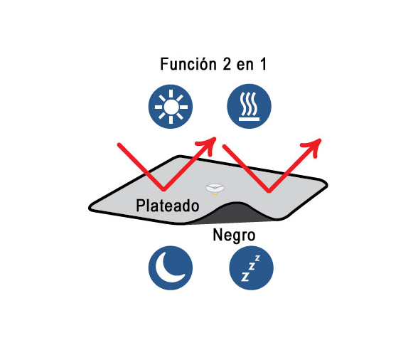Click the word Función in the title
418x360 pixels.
click(x=188, y=64)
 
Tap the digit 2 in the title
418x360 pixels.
click(x=227, y=64)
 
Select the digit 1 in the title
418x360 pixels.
click(x=263, y=64)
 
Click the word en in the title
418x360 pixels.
click(x=245, y=66)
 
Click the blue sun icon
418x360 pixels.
click(x=171, y=107)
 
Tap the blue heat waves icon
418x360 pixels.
click(x=249, y=106)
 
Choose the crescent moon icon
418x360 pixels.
click(x=171, y=268)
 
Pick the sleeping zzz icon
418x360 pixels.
click(x=251, y=268)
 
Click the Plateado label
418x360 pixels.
click(x=168, y=206)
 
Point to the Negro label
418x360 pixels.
click(x=234, y=235)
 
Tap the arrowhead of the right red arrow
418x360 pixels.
click(x=314, y=145)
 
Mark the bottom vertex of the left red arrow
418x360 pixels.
click(x=164, y=189)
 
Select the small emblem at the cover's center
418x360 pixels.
click(x=215, y=189)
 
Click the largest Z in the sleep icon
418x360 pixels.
click(x=245, y=277)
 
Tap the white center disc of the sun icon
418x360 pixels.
click(x=171, y=107)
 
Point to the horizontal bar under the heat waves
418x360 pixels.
click(x=249, y=119)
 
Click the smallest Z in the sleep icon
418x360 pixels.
click(x=257, y=258)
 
